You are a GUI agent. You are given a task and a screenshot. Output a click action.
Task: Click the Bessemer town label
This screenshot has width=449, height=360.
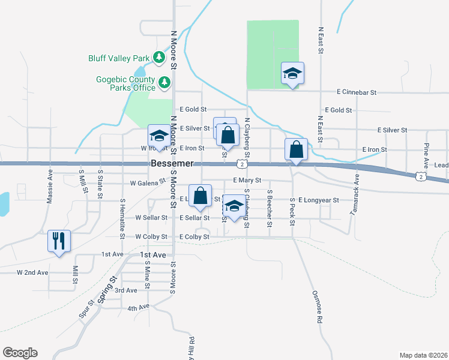172,163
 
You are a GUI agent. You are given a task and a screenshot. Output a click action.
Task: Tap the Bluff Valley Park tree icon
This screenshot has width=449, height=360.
159,58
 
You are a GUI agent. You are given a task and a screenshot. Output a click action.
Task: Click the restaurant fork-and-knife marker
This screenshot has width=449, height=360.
59,241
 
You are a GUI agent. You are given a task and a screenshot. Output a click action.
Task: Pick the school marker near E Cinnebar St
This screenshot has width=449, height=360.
292,73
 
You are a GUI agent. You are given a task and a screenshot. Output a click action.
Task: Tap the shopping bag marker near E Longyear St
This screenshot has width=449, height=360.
200,195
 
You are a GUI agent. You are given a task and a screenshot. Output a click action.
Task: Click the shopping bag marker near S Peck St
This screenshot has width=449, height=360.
296,149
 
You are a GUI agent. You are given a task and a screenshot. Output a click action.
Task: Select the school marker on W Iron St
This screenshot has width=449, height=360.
160,136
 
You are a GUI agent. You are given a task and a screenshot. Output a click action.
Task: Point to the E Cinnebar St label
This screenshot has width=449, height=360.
357,92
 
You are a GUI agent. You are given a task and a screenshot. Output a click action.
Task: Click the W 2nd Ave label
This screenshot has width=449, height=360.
32,272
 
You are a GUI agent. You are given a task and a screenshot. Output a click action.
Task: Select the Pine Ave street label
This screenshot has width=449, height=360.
426,155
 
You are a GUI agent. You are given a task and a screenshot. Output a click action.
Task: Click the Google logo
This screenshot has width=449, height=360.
20,353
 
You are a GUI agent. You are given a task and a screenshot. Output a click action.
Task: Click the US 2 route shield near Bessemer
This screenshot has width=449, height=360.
241,163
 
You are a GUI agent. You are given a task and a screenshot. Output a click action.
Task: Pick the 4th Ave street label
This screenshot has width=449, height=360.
137,308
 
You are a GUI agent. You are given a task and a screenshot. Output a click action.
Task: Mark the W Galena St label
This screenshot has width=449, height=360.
148,182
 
